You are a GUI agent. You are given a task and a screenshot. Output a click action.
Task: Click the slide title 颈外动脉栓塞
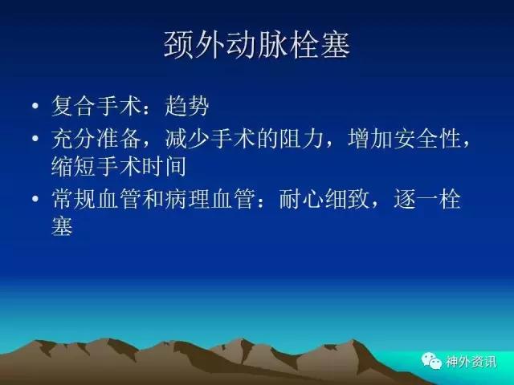tap(257, 45)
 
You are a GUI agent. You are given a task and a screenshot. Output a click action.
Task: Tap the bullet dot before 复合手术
tap(35, 106)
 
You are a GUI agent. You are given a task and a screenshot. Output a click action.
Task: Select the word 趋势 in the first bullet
tap(187, 106)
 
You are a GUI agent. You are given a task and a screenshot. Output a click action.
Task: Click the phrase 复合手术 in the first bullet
tap(96, 106)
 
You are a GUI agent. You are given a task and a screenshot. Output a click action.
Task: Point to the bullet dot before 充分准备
tap(35, 138)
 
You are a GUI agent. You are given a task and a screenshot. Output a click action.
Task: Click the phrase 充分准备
tap(96, 139)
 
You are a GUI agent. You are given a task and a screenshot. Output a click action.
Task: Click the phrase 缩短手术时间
tap(119, 166)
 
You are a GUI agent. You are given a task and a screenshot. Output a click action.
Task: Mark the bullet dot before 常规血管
tap(35, 198)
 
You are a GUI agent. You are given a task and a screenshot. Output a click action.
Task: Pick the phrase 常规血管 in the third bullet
tap(96, 199)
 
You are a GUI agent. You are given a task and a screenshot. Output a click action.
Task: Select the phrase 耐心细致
tap(324, 199)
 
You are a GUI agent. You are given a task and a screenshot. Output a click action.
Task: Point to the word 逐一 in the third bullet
tap(416, 199)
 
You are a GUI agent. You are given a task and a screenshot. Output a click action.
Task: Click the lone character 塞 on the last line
tap(62, 226)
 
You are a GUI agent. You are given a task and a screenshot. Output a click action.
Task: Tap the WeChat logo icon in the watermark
tap(431, 361)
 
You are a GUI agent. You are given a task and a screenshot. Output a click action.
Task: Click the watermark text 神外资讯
tap(471, 362)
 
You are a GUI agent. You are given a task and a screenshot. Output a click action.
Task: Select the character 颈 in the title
tap(177, 45)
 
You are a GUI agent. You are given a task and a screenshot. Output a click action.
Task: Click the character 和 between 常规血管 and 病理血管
tap(153, 199)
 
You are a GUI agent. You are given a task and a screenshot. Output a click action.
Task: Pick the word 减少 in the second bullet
tap(187, 139)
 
